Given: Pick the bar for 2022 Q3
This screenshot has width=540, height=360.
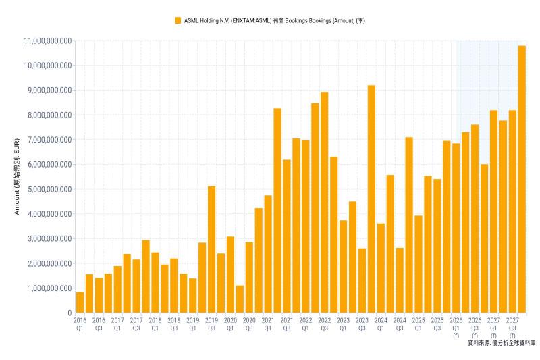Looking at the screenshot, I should coord(325,203).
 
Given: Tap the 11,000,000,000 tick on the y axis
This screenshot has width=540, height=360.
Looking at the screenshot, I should coord(47,41).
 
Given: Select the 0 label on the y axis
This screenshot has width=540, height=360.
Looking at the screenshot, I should coord(69,313).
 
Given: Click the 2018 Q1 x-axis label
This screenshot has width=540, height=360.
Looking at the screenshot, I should coord(155,322).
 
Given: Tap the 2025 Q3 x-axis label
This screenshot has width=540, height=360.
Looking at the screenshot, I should coord(437,322).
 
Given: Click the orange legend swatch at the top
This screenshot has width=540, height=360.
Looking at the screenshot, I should coord(178,20).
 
